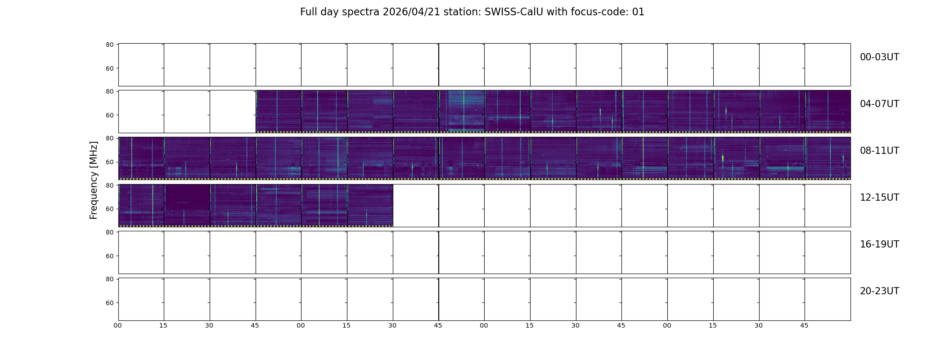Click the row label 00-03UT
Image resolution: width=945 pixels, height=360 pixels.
tap(879, 57)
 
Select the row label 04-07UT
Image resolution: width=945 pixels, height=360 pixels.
tap(879, 104)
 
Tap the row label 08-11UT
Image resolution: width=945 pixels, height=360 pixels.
tap(879, 151)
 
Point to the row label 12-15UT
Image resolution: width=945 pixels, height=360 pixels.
tap(879, 198)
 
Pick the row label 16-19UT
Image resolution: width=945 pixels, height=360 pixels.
tap(879, 244)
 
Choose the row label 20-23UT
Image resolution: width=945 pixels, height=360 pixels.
tap(879, 291)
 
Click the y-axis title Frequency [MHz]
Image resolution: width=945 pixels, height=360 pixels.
tap(94, 180)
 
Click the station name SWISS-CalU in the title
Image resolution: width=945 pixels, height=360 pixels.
tap(514, 12)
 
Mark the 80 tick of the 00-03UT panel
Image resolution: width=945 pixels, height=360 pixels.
tap(110, 45)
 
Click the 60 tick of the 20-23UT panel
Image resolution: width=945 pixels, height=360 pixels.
tap(110, 303)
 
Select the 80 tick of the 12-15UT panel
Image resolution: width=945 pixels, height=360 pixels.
tap(110, 185)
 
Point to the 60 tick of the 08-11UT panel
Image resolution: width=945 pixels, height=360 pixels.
tap(110, 162)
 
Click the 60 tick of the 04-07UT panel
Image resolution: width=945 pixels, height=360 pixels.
tap(110, 115)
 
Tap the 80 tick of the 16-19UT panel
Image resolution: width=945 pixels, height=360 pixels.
tap(110, 232)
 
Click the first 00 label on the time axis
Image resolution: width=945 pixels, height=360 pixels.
tap(117, 325)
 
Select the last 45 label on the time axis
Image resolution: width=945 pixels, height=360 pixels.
tap(804, 325)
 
